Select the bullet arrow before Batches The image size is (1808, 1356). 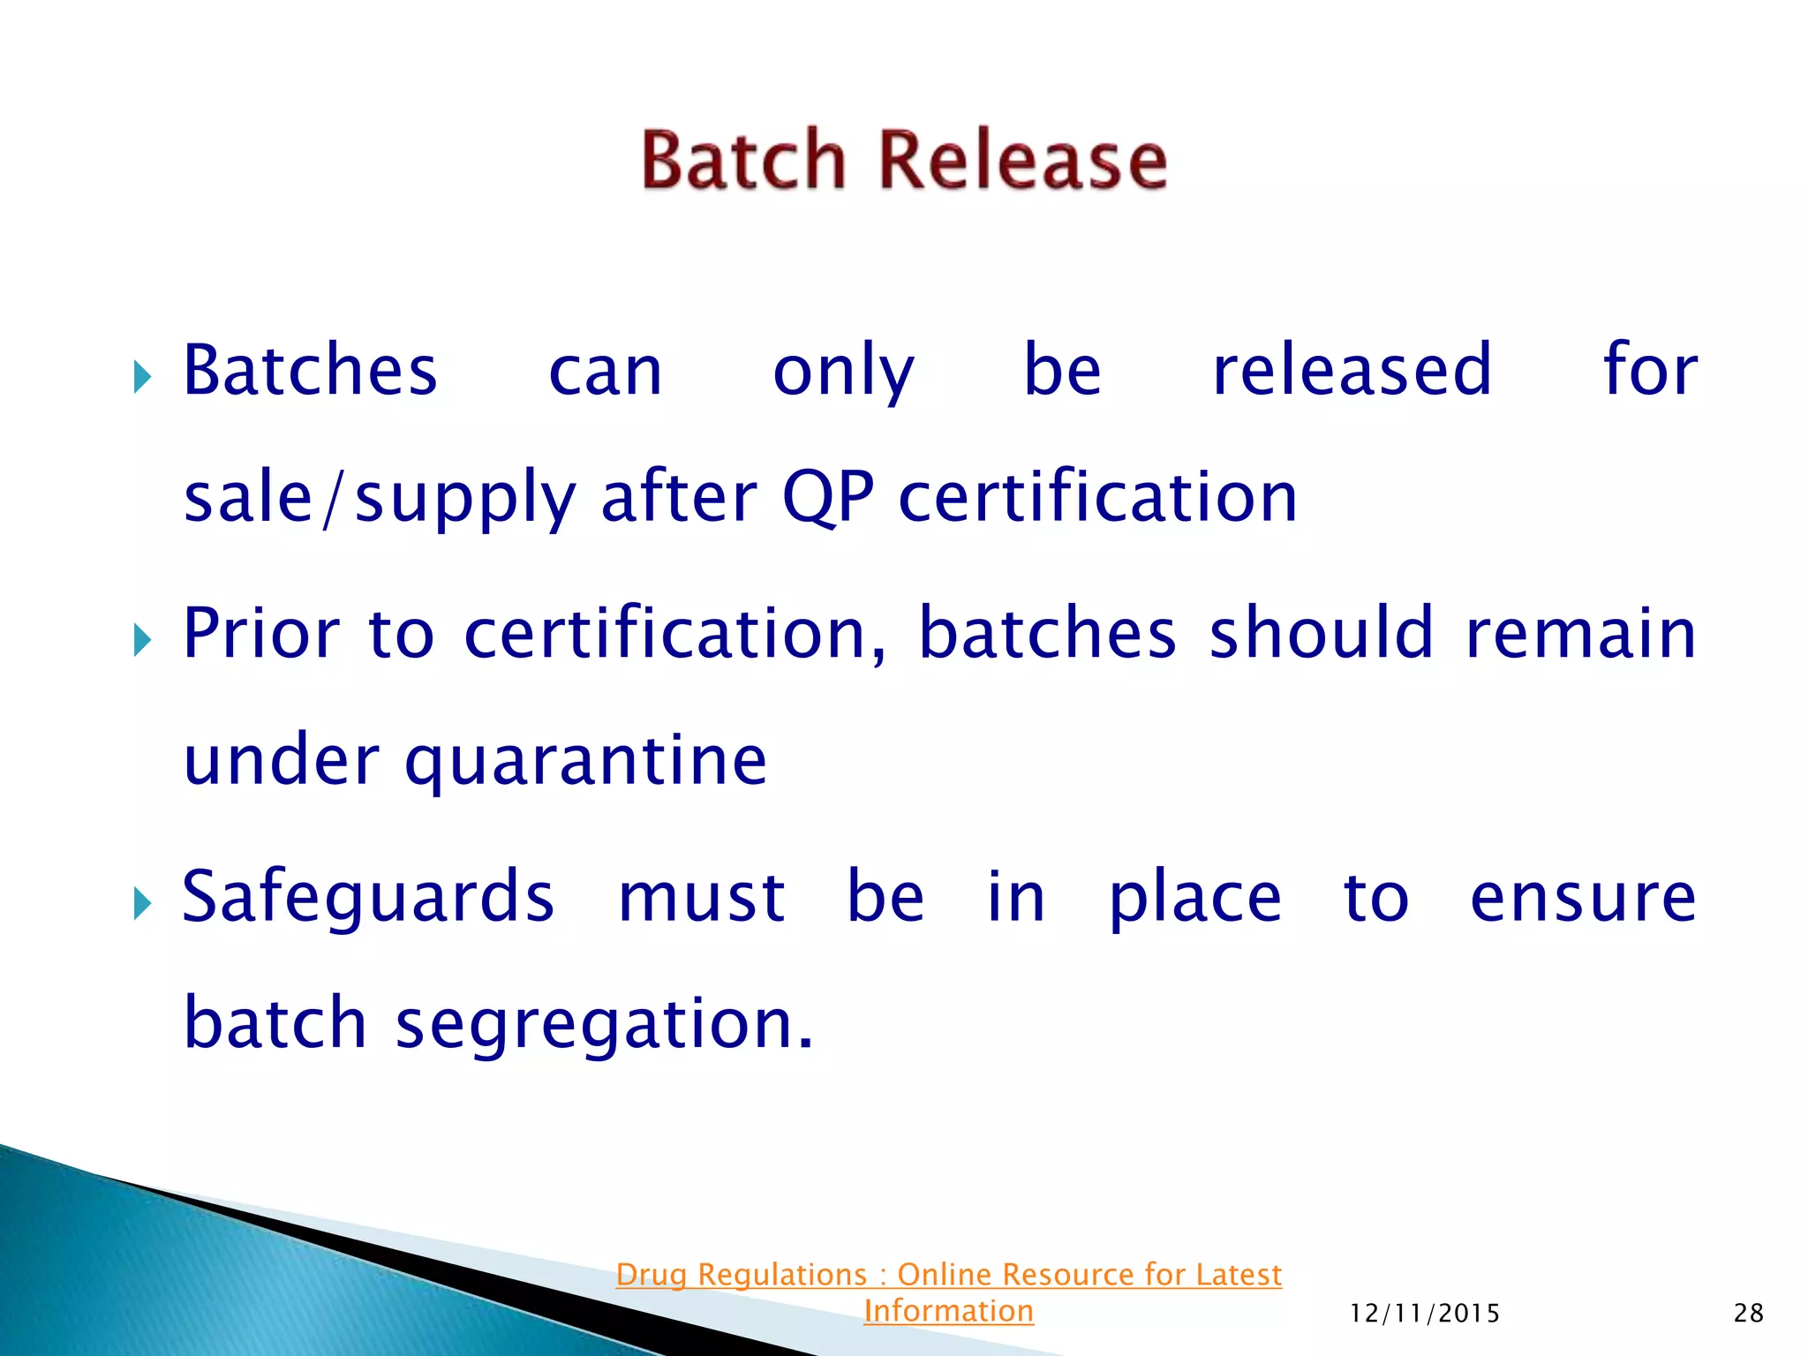(x=142, y=377)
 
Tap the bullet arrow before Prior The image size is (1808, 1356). (x=142, y=640)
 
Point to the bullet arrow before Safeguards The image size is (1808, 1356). (x=142, y=903)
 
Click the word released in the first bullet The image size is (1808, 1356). (x=1352, y=370)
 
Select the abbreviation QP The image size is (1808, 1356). (x=828, y=497)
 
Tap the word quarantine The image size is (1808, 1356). (x=585, y=761)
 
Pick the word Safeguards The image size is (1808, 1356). (x=368, y=898)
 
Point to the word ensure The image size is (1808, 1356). (x=1583, y=898)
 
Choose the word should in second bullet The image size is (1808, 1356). (x=1321, y=633)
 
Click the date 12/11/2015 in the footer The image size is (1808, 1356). (x=1425, y=1314)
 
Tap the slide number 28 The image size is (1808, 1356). (x=1749, y=1313)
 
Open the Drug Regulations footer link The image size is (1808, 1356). (x=948, y=1275)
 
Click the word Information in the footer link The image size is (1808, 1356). (x=948, y=1311)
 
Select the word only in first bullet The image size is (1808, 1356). (x=843, y=372)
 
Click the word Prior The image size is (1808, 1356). (x=261, y=633)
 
